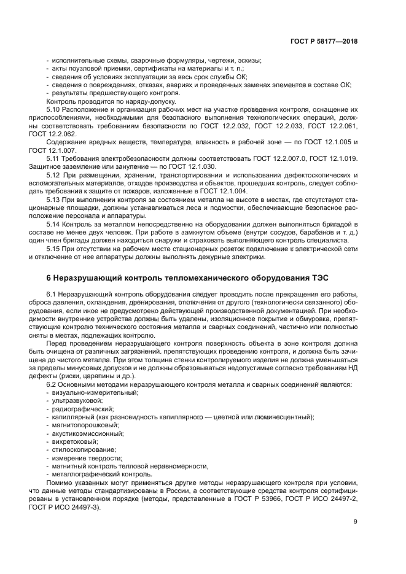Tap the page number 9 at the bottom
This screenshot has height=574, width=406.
pos(356,521)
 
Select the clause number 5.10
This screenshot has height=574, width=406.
pos(54,109)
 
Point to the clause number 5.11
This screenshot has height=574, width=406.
pos(54,158)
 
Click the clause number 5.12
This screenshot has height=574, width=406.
pos(54,174)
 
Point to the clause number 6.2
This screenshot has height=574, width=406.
pos(52,384)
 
